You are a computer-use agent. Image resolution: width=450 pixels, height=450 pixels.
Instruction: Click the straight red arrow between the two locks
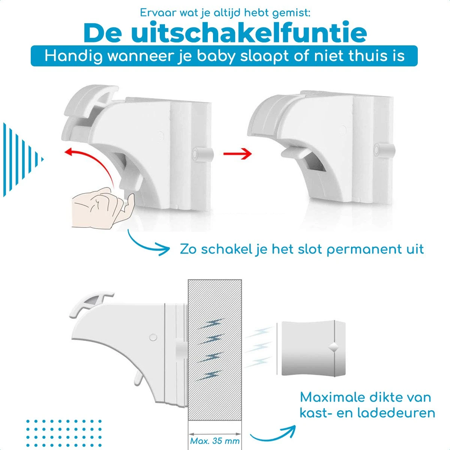tap(237, 153)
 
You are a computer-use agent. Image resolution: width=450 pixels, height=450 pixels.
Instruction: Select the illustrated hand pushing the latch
tap(103, 208)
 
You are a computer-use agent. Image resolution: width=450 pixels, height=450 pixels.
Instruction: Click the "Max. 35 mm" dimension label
tap(214, 441)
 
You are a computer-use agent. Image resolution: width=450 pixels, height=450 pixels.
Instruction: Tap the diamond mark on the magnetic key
tap(334, 348)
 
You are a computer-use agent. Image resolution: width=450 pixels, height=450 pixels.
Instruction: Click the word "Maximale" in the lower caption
tap(332, 397)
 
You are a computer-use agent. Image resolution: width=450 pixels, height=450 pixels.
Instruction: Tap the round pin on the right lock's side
tap(384, 150)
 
